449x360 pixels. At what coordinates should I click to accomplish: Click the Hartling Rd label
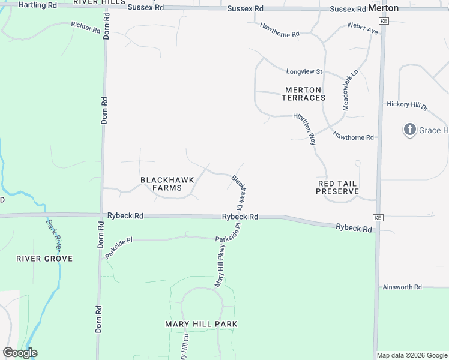tap(38, 5)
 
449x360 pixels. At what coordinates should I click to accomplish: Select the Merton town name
tap(382, 8)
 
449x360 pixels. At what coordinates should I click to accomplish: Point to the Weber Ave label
tap(363, 28)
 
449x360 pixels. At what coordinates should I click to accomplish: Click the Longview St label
tap(304, 71)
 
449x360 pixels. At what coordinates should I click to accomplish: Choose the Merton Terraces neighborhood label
tap(304, 94)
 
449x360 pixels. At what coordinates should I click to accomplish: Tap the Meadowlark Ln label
tap(350, 89)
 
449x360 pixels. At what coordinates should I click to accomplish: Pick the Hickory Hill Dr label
tap(407, 105)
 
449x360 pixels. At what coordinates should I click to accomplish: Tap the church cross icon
tap(409, 130)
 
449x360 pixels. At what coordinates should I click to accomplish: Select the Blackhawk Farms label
tap(161, 184)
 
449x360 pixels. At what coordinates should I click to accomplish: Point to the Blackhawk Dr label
tap(240, 192)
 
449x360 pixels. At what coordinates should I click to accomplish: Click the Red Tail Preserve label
tap(337, 187)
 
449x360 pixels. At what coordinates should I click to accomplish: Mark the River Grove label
tap(44, 259)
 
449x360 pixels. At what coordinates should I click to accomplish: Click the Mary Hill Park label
tap(201, 324)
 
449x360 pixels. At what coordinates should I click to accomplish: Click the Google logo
tap(20, 352)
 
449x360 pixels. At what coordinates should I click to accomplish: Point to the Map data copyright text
tap(412, 355)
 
